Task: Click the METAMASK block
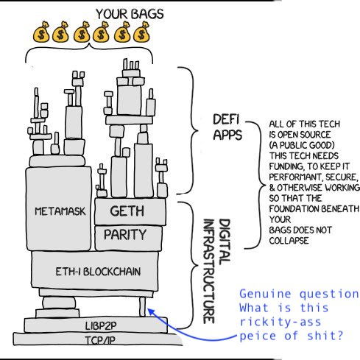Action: (58, 208)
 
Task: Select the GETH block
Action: (130, 212)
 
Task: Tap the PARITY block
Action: (128, 238)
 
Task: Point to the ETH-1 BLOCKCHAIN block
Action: (95, 271)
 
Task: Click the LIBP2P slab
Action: (96, 325)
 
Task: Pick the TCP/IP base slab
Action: (98, 339)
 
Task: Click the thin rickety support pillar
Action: (142, 307)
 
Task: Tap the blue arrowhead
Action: (150, 311)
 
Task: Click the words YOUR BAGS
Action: (130, 14)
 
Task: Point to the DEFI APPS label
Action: (227, 127)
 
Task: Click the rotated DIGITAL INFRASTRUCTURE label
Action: (216, 271)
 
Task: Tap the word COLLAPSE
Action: (289, 241)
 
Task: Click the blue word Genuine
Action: (265, 294)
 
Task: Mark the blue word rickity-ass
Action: (280, 322)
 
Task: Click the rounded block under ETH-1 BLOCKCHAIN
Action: (59, 303)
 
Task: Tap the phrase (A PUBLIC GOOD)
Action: (302, 145)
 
